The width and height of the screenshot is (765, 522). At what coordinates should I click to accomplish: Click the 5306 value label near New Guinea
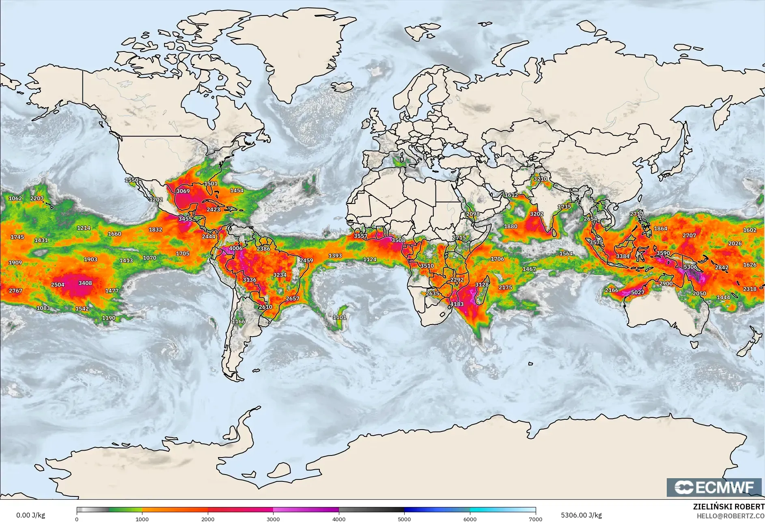tap(690, 267)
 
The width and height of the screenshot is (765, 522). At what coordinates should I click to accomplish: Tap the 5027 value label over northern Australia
tap(637, 292)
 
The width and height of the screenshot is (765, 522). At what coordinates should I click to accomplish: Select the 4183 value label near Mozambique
tap(457, 304)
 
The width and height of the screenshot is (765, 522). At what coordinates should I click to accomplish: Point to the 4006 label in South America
tap(235, 248)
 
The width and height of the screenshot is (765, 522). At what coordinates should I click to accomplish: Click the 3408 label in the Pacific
tap(85, 283)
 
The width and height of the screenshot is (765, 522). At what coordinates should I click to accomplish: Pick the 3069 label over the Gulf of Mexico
tap(183, 191)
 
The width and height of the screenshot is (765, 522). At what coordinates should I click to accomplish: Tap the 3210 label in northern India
tap(540, 179)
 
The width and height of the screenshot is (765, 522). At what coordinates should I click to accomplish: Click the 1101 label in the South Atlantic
tap(339, 317)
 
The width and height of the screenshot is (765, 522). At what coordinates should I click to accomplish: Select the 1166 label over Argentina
tap(238, 321)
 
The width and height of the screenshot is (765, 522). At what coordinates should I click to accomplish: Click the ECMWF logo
tap(714, 487)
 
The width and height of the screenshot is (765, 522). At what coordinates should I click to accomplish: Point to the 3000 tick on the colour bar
tap(273, 519)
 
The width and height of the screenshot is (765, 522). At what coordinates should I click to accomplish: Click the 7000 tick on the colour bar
tap(535, 519)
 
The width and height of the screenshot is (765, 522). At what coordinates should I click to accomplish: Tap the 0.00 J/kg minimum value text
tap(30, 515)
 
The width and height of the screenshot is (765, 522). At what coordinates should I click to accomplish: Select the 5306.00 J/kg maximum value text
tap(581, 515)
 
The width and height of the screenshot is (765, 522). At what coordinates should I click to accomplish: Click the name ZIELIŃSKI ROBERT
tap(728, 507)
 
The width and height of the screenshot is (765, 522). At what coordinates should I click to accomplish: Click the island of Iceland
tap(342, 87)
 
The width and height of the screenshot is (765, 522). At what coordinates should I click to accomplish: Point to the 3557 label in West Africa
tap(360, 236)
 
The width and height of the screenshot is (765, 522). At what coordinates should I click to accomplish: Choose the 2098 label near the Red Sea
tap(472, 214)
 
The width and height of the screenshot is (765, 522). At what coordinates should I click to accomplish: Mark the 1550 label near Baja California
tap(131, 180)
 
